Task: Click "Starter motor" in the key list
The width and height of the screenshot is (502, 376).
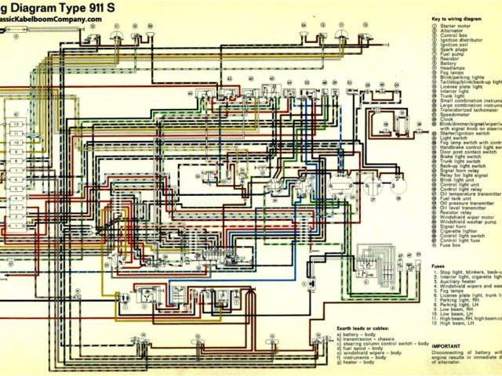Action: pos(456,27)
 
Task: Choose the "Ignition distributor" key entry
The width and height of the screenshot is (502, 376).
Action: pos(462,44)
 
